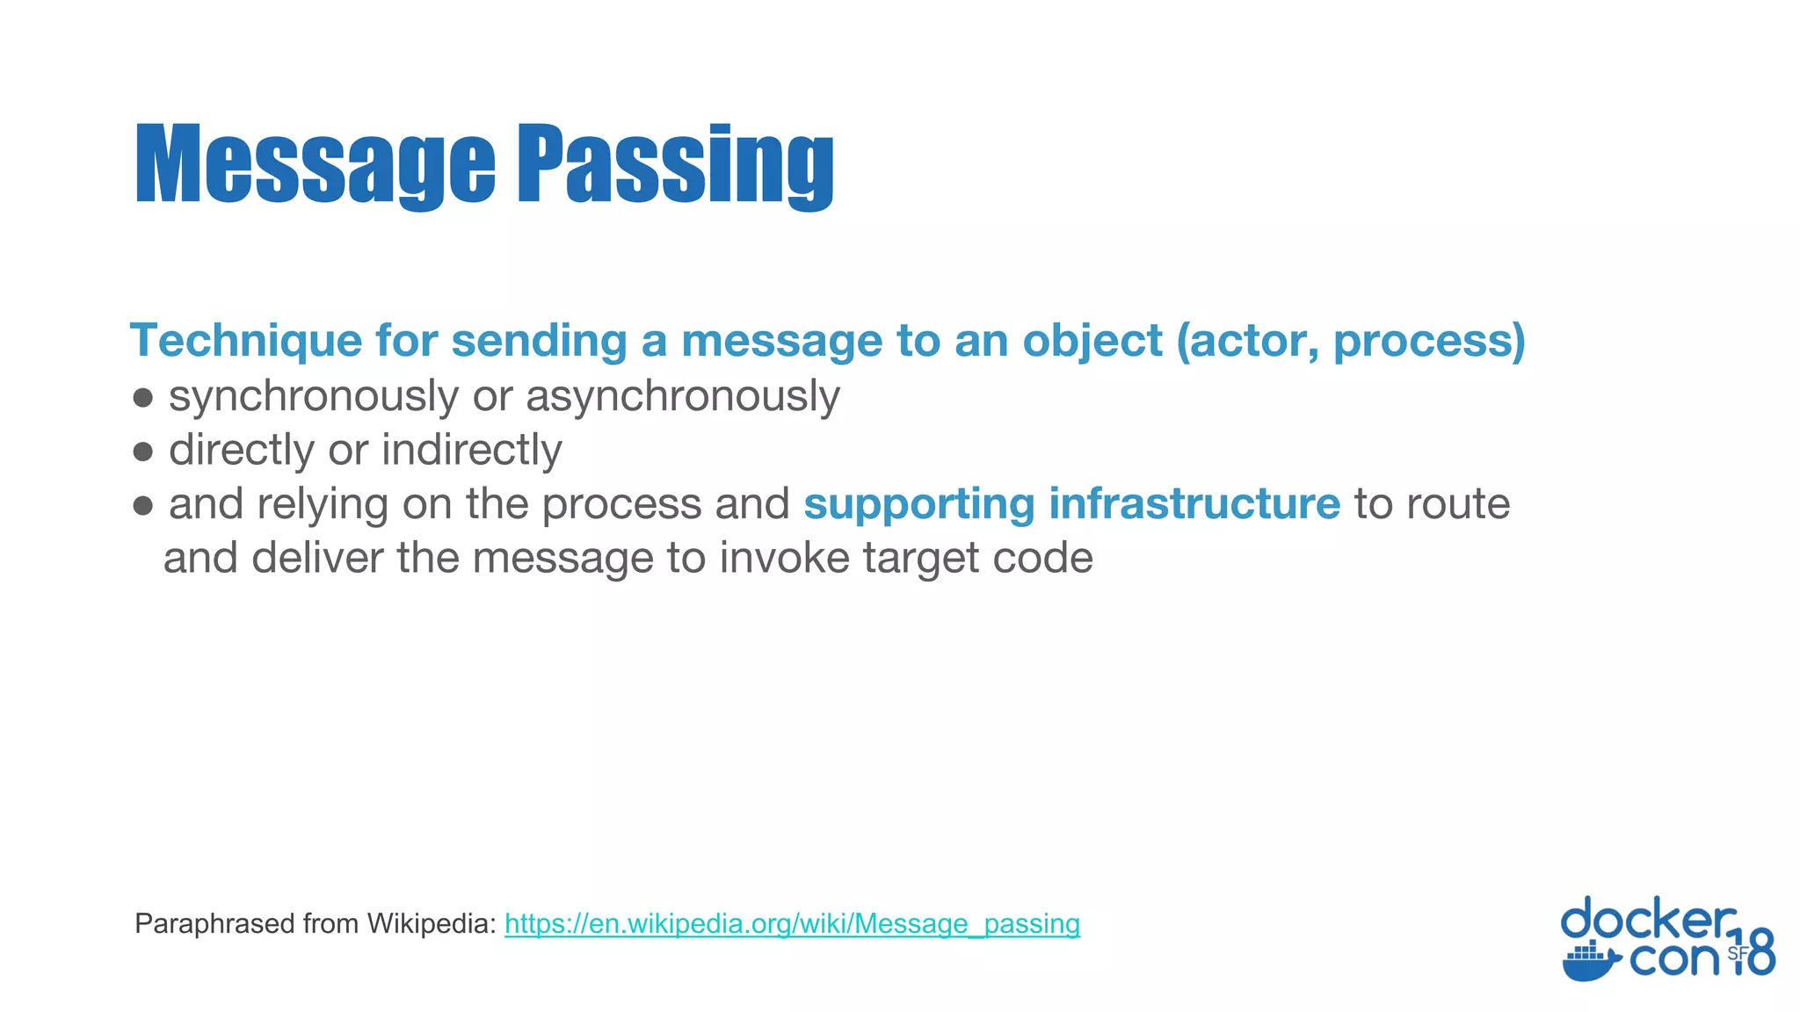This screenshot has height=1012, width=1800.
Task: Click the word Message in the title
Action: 315,165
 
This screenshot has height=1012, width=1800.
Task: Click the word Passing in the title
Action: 674,165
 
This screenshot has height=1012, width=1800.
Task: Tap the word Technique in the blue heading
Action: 246,341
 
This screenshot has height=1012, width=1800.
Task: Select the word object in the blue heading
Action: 1092,341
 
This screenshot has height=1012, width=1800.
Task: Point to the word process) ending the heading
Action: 1429,341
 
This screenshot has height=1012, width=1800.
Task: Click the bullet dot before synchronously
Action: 143,398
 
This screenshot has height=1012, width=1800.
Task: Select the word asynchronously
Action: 682,397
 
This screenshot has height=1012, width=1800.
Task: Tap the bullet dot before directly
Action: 143,452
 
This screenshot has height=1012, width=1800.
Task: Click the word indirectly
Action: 471,450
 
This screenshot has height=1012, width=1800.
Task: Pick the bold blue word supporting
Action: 918,505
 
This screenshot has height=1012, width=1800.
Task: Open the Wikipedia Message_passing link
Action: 792,923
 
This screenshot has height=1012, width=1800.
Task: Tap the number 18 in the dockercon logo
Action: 1754,952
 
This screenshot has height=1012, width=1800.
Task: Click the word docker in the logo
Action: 1648,920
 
